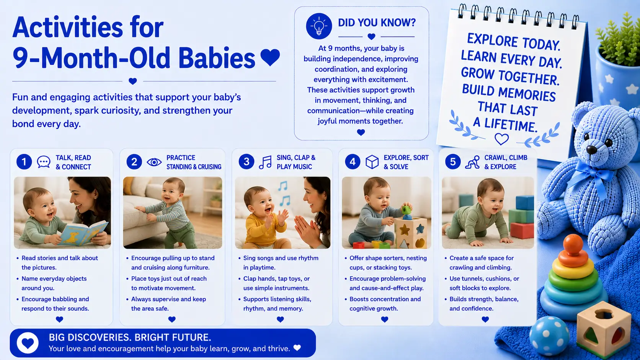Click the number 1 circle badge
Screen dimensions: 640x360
(x=24, y=162)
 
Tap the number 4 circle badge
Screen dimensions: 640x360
(x=353, y=162)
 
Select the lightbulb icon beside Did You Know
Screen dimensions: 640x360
(x=319, y=26)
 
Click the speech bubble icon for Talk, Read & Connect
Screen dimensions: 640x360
(x=44, y=162)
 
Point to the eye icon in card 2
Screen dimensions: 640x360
(x=154, y=162)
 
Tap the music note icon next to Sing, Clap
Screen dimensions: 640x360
(x=265, y=162)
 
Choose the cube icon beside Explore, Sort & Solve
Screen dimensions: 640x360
(x=372, y=162)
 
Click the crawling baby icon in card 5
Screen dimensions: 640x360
(x=472, y=162)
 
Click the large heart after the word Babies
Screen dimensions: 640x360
(x=270, y=57)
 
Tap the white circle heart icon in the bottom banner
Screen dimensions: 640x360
(x=28, y=343)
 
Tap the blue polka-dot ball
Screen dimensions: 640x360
(x=549, y=336)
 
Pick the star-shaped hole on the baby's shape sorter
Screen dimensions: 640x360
(x=404, y=230)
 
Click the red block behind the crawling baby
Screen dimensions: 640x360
(x=522, y=230)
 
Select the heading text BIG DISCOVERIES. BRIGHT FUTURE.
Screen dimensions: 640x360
(x=130, y=337)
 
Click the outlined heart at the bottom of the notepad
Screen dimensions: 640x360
(x=501, y=139)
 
